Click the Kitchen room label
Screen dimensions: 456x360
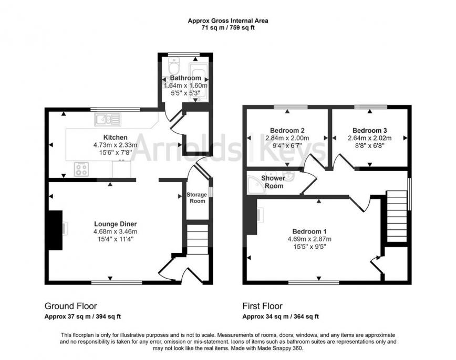coord(116,137)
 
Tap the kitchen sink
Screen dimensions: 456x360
coord(108,120)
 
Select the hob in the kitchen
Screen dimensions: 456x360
coord(81,169)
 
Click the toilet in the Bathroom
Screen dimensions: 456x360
coord(174,66)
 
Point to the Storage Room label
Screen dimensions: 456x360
coord(197,197)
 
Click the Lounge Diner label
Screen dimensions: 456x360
coord(116,224)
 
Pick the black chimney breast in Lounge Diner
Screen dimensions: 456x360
coord(55,230)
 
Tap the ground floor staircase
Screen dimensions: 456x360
coord(198,237)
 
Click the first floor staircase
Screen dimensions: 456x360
coord(397,216)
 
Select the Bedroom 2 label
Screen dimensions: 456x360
coord(287,130)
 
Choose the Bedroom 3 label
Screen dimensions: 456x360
coord(370,131)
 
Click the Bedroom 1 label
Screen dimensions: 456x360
coord(309,231)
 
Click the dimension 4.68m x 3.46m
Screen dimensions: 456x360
coord(116,231)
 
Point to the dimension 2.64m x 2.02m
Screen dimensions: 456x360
coord(370,138)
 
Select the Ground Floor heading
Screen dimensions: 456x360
coord(71,306)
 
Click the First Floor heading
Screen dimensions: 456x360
coord(263,306)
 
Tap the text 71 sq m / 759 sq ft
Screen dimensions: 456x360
coord(228,28)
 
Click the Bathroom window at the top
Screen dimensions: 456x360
coord(184,54)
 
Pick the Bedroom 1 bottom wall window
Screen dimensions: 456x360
coord(314,282)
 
